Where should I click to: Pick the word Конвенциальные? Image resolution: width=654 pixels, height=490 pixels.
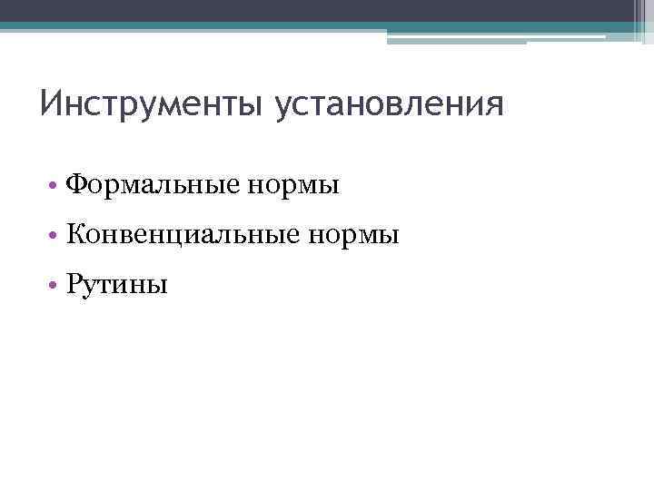click(x=183, y=236)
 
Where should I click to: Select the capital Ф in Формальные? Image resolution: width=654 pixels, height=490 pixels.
click(x=77, y=185)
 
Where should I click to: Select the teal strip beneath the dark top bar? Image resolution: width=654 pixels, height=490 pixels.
click(x=309, y=27)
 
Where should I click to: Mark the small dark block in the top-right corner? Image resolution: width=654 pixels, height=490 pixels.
click(x=643, y=18)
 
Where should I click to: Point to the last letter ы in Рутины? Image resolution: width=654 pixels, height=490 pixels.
click(x=158, y=288)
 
